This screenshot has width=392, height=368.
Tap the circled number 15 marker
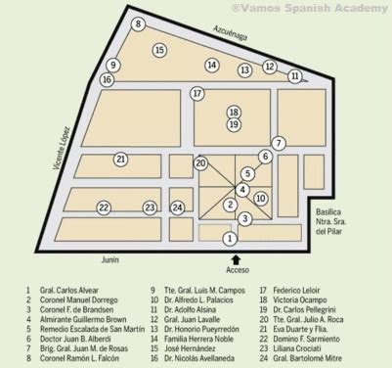(x=159, y=49)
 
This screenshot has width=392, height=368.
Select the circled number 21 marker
(x=120, y=159)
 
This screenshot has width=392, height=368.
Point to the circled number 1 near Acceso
(x=230, y=238)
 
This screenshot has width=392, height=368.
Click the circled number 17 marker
(x=196, y=94)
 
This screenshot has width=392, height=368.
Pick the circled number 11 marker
(x=295, y=75)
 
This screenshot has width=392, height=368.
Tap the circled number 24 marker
(x=177, y=207)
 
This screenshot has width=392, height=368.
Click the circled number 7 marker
(x=279, y=144)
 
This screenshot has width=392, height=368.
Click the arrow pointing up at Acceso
(x=231, y=255)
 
